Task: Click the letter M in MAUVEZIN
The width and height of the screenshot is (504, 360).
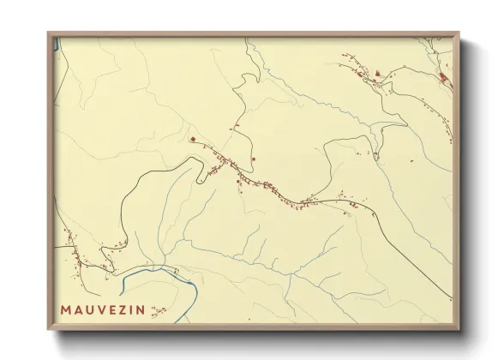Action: click(x=65, y=309)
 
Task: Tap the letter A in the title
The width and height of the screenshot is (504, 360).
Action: click(x=79, y=309)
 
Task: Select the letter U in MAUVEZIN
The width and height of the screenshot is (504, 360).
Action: click(x=93, y=309)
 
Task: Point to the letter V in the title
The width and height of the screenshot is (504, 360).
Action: click(x=106, y=309)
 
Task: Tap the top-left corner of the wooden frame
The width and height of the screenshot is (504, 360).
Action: click(x=48, y=33)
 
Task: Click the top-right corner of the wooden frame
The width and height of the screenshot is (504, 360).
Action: click(x=459, y=33)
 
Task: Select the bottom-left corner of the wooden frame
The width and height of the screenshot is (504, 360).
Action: click(x=49, y=329)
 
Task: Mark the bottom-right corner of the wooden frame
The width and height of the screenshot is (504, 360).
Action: click(x=458, y=329)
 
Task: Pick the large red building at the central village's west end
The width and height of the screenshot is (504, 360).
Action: click(x=194, y=139)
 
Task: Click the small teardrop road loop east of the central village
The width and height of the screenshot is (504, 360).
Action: click(x=375, y=155)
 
